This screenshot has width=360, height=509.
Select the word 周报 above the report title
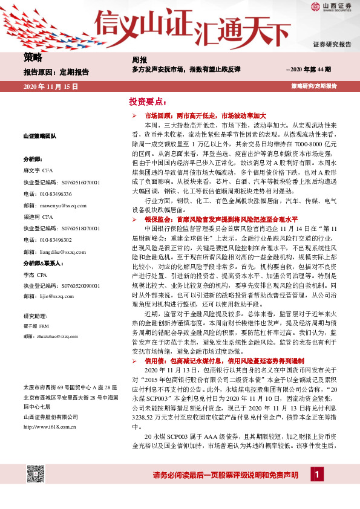139,59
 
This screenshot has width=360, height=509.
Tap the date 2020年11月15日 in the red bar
51,87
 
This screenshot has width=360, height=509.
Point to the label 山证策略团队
39,137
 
